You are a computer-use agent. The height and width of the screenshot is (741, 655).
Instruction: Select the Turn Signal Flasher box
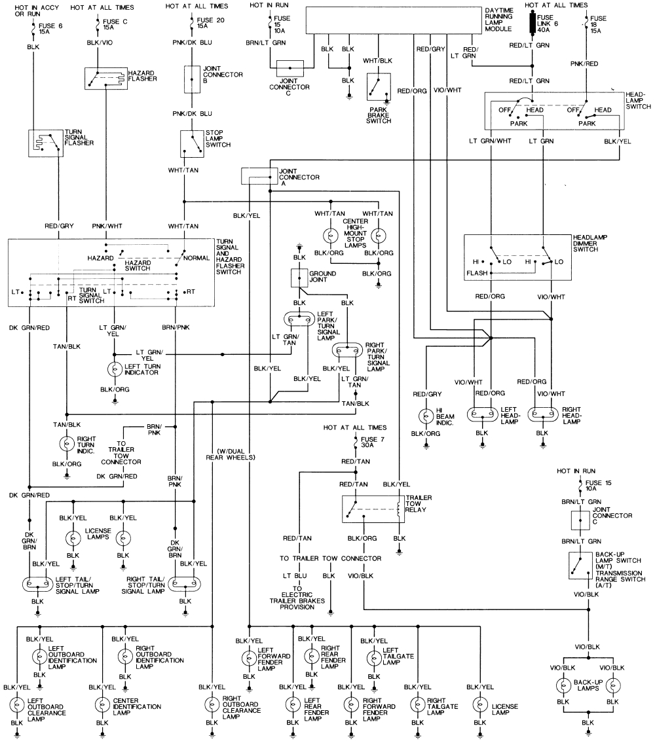[x=45, y=143]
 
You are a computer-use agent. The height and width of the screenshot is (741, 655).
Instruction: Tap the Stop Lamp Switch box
[x=192, y=140]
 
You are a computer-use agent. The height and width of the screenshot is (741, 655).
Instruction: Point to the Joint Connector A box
[x=259, y=176]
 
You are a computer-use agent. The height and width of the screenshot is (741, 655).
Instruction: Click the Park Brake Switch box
[x=378, y=86]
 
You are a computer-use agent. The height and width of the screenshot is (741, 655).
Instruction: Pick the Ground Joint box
[x=299, y=278]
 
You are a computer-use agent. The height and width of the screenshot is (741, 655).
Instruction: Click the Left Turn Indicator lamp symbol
[x=115, y=369]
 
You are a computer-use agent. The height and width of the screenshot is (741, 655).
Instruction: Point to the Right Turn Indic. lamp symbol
[x=66, y=443]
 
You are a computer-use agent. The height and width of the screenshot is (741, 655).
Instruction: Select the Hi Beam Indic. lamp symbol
[x=426, y=416]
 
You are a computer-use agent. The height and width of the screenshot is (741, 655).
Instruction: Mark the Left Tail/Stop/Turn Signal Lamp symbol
[x=37, y=583]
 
